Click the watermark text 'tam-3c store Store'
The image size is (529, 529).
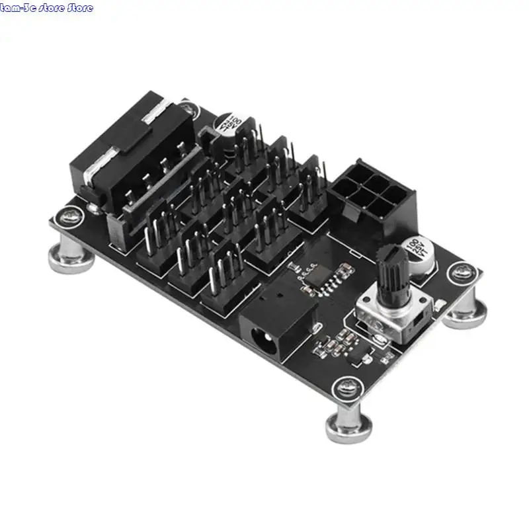click(47, 8)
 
